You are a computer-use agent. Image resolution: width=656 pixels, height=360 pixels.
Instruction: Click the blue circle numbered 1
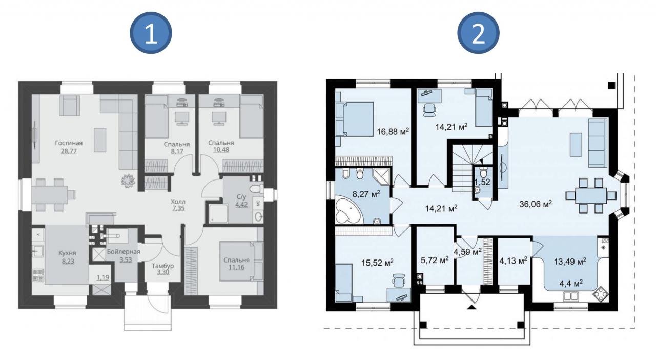click(x=151, y=33)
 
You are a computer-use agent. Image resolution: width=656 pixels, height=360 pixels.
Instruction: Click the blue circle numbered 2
click(x=478, y=33)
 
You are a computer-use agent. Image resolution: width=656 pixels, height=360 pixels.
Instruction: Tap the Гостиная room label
click(x=69, y=143)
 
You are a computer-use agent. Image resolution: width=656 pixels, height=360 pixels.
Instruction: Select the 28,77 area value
click(x=69, y=151)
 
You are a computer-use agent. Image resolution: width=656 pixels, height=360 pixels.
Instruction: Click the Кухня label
click(x=67, y=253)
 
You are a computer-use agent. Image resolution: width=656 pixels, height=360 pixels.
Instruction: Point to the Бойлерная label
click(x=124, y=251)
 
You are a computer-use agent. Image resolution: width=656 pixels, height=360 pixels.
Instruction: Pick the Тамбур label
click(x=162, y=266)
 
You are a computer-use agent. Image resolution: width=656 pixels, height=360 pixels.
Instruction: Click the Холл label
click(x=178, y=202)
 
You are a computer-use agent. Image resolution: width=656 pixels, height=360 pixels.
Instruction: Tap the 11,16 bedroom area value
click(x=236, y=267)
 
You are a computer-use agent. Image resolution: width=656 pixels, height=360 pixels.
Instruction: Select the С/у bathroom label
click(x=241, y=197)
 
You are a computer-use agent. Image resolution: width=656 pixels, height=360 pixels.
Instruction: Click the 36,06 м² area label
click(x=536, y=204)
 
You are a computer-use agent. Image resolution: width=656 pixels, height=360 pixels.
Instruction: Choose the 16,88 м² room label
click(x=393, y=131)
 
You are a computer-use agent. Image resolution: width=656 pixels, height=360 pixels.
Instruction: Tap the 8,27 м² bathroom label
click(x=366, y=194)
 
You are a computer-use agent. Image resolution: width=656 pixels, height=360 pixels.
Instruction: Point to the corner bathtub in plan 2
click(x=348, y=211)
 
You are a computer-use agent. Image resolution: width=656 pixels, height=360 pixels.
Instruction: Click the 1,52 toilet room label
click(x=482, y=182)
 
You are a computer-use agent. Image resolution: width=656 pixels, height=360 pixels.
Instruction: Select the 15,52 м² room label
click(x=377, y=263)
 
